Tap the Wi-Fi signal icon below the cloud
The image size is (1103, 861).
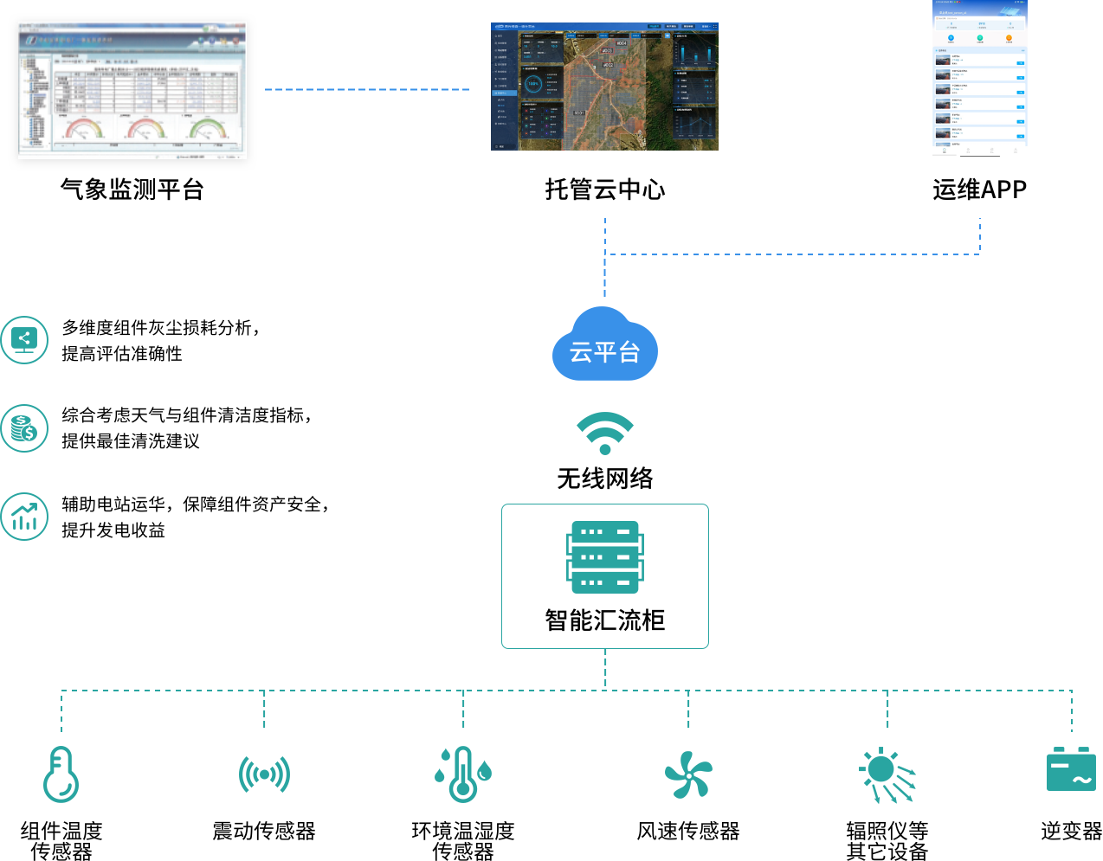[605, 433]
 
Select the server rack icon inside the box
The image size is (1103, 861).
[605, 557]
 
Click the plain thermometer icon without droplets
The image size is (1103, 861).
[61, 774]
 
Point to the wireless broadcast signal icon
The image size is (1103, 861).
[264, 774]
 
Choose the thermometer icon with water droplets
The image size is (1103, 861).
[462, 774]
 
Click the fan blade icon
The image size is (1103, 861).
[688, 774]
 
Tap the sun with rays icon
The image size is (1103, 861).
[886, 774]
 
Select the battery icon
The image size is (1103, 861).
[1071, 769]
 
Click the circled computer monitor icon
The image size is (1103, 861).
[24, 340]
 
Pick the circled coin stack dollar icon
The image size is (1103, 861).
[24, 428]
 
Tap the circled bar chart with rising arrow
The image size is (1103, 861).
[24, 517]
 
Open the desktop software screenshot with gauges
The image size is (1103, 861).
[132, 89]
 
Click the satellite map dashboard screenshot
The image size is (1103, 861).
[604, 87]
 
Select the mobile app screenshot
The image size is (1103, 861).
[979, 79]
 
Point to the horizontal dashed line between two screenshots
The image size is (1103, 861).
[367, 89]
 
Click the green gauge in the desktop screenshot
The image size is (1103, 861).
[208, 129]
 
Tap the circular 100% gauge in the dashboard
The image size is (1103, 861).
[533, 84]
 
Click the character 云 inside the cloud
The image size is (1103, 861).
[580, 352]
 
